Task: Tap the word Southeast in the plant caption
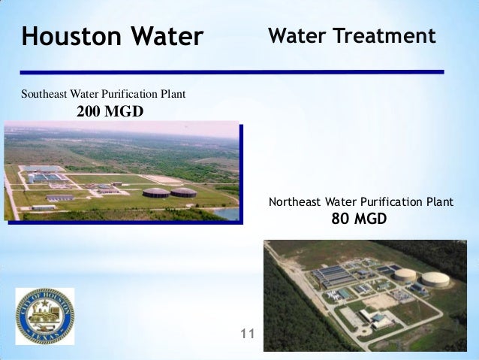[45, 95]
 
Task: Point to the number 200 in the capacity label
[91, 113]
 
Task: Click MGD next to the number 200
[126, 113]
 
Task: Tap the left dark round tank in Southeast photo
[156, 192]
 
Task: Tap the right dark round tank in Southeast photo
[183, 192]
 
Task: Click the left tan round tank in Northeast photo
[406, 275]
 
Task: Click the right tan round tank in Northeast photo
[435, 280]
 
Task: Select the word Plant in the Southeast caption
[173, 95]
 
